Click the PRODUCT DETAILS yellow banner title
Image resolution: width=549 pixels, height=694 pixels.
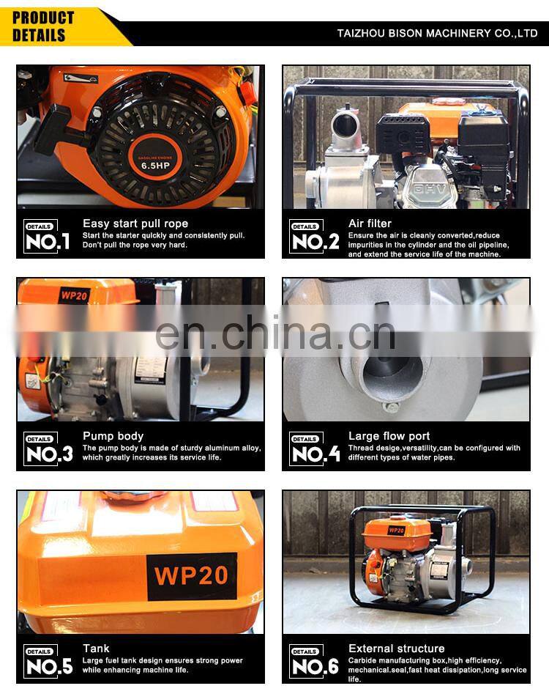pyautogui.click(x=43, y=26)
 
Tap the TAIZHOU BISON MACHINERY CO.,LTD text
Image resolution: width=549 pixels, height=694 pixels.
pyautogui.click(x=437, y=33)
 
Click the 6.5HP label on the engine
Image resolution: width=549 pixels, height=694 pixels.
pyautogui.click(x=155, y=166)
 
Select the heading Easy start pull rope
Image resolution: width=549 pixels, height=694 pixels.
pyautogui.click(x=135, y=224)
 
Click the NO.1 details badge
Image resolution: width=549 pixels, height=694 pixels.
pyautogui.click(x=47, y=237)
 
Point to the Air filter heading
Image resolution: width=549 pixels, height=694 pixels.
pyautogui.click(x=370, y=224)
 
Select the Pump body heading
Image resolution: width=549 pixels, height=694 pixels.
pyautogui.click(x=113, y=436)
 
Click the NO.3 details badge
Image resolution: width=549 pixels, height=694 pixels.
pyautogui.click(x=48, y=449)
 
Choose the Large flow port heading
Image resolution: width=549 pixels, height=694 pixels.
pyautogui.click(x=389, y=436)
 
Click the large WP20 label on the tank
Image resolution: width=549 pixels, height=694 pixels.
pyautogui.click(x=191, y=576)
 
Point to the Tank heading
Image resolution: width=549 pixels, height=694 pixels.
pyautogui.click(x=96, y=649)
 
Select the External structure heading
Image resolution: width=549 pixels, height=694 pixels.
pyautogui.click(x=397, y=649)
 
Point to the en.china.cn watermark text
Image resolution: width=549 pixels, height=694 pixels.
pyautogui.click(x=275, y=333)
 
